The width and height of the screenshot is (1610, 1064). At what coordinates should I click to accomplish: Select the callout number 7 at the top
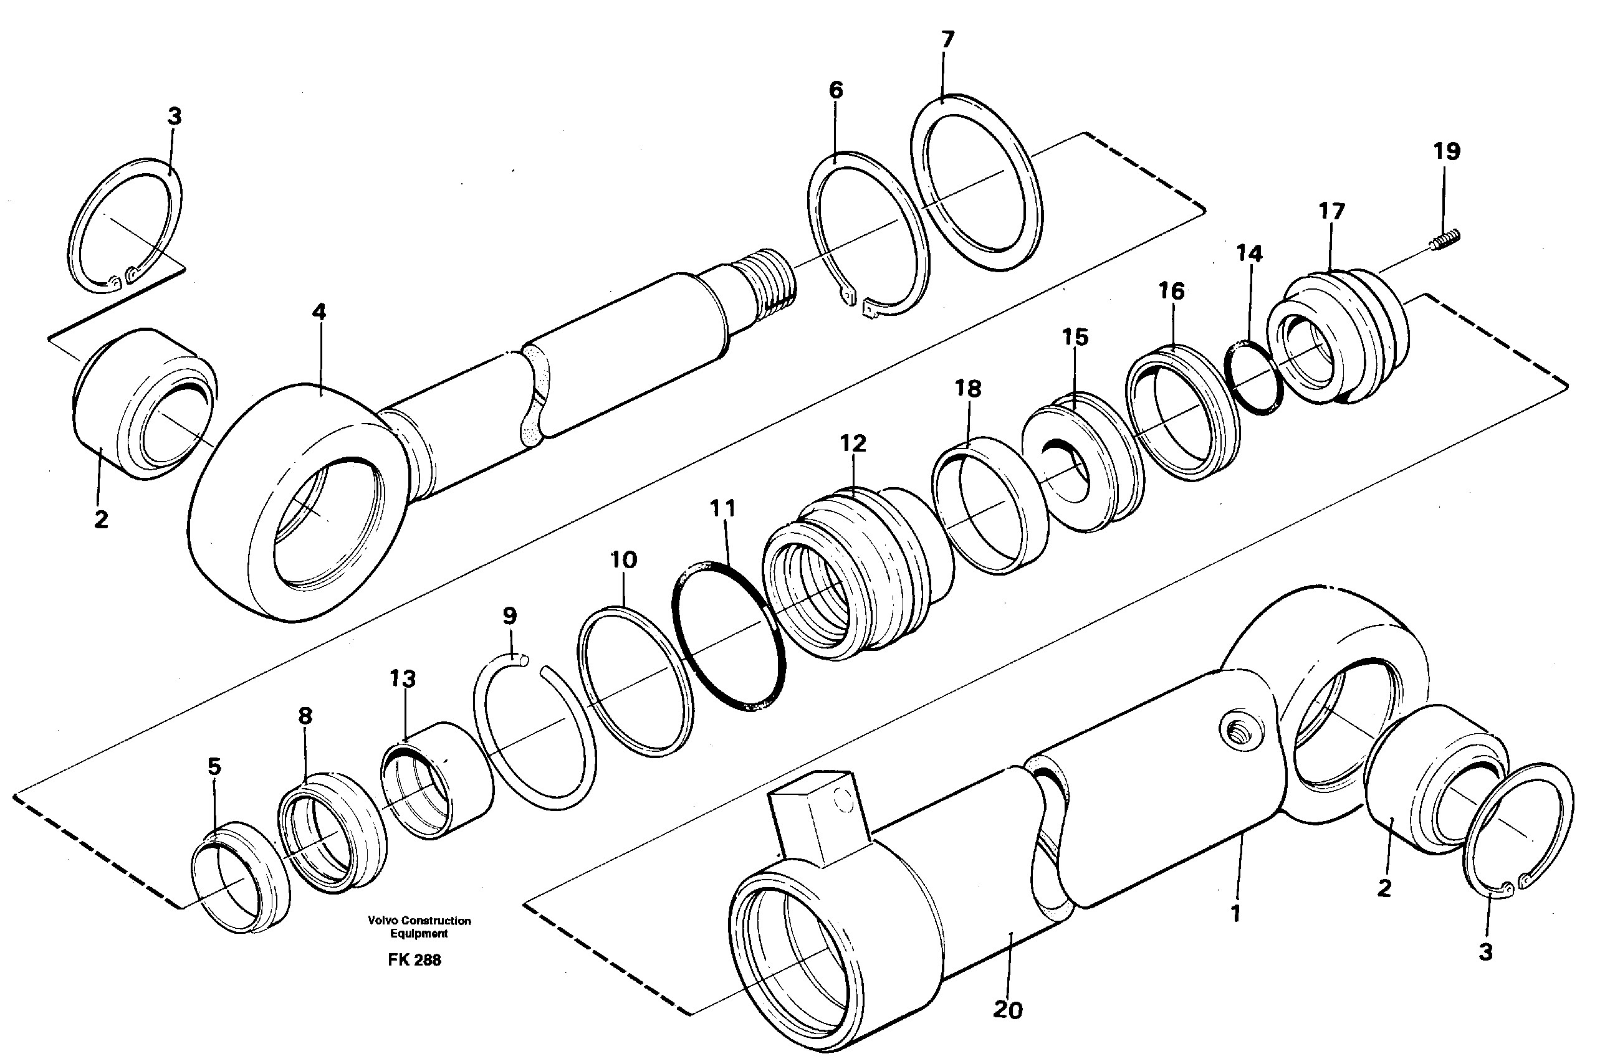(x=947, y=39)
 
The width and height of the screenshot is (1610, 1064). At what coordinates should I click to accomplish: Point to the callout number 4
(x=319, y=312)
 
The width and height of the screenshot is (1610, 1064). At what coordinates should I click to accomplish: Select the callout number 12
(x=853, y=444)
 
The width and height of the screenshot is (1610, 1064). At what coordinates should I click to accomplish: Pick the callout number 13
(x=403, y=678)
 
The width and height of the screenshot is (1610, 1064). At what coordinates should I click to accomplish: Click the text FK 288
(x=414, y=960)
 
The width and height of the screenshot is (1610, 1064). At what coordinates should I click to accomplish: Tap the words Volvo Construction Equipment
(x=419, y=927)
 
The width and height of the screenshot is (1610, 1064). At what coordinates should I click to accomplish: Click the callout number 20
(x=1007, y=1010)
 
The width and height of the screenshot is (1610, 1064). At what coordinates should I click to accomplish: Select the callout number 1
(x=1235, y=913)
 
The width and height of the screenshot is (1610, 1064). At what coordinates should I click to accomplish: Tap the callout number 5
(x=214, y=767)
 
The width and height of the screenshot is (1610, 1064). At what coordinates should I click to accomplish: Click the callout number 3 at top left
(x=175, y=116)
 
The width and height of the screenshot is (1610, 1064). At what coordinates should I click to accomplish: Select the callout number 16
(x=1172, y=292)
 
